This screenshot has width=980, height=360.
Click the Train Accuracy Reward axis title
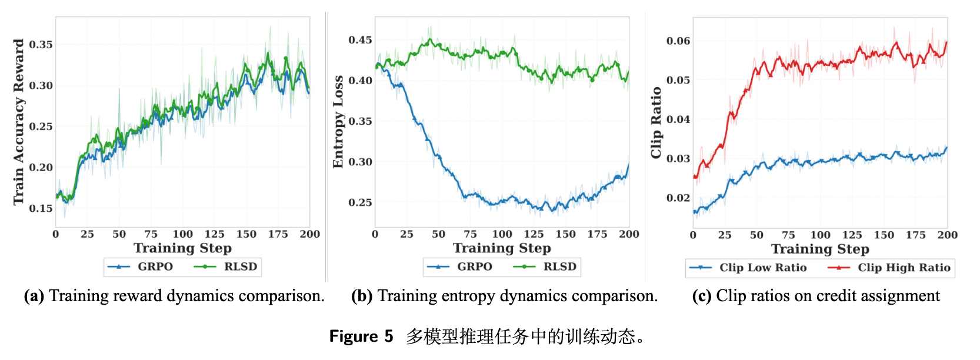click(19, 122)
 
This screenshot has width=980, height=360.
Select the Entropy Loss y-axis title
click(338, 122)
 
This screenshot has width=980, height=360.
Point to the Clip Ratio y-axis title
click(656, 122)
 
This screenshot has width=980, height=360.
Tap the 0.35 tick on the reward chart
click(41, 45)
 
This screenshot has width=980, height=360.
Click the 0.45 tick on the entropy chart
click(360, 40)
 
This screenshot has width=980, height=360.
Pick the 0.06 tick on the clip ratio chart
click(678, 41)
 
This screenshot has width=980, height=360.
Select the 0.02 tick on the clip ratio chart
click(678, 198)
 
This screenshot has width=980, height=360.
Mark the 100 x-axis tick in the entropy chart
click(502, 234)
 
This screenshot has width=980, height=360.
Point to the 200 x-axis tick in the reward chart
click(310, 234)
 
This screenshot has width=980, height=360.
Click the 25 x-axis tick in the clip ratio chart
click(725, 235)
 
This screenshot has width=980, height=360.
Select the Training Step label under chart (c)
click(820, 249)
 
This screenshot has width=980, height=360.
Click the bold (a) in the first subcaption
click(34, 296)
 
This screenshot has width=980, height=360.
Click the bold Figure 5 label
click(361, 336)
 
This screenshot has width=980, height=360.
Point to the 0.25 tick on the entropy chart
click(360, 202)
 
